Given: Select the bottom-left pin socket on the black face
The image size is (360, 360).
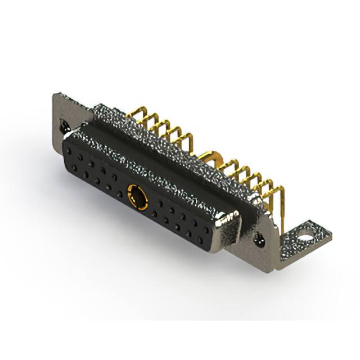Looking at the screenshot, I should point(74,167).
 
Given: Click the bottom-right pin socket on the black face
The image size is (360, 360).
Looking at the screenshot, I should point(200,240).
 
